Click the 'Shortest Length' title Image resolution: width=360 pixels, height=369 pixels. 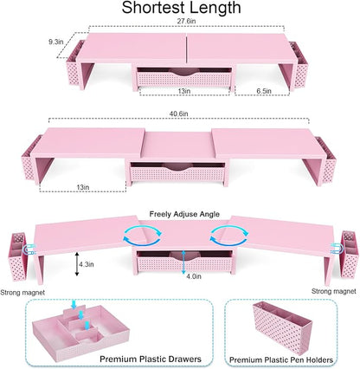pyautogui.click(x=181, y=8)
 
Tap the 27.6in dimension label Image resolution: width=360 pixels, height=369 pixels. pyautogui.click(x=187, y=22)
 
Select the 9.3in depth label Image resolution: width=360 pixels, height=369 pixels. pyautogui.click(x=55, y=42)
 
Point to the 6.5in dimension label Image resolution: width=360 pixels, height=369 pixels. pyautogui.click(x=264, y=91)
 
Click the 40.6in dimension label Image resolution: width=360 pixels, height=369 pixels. pyautogui.click(x=178, y=113)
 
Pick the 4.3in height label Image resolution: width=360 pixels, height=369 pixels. pyautogui.click(x=87, y=264)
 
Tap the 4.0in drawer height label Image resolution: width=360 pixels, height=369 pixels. pyautogui.click(x=194, y=276)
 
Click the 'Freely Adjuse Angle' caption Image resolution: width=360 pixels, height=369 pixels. pyautogui.click(x=184, y=214)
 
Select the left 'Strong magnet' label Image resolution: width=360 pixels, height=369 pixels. pyautogui.click(x=22, y=293)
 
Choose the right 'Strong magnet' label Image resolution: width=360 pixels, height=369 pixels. pyautogui.click(x=334, y=291)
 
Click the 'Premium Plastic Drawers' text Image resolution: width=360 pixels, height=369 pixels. pyautogui.click(x=151, y=359)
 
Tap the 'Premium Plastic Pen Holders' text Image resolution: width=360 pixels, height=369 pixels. pyautogui.click(x=281, y=359)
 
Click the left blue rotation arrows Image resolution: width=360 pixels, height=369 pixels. pyautogui.click(x=142, y=236)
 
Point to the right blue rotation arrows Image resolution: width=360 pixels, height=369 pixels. pyautogui.click(x=228, y=235)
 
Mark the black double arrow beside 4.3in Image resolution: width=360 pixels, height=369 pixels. pyautogui.click(x=77, y=264)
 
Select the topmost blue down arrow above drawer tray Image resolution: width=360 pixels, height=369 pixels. pyautogui.click(x=74, y=304)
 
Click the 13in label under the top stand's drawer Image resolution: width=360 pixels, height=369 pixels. pyautogui.click(x=183, y=91)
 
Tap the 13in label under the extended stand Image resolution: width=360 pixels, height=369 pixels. pyautogui.click(x=83, y=187)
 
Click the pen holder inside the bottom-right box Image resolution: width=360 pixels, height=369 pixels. pyautogui.click(x=281, y=327)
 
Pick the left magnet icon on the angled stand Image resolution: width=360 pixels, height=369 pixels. pyautogui.click(x=29, y=249)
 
